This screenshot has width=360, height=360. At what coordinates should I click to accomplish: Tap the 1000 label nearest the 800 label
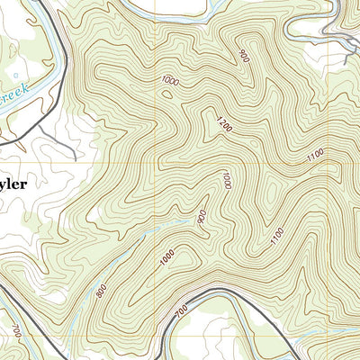[x=166, y=256]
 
